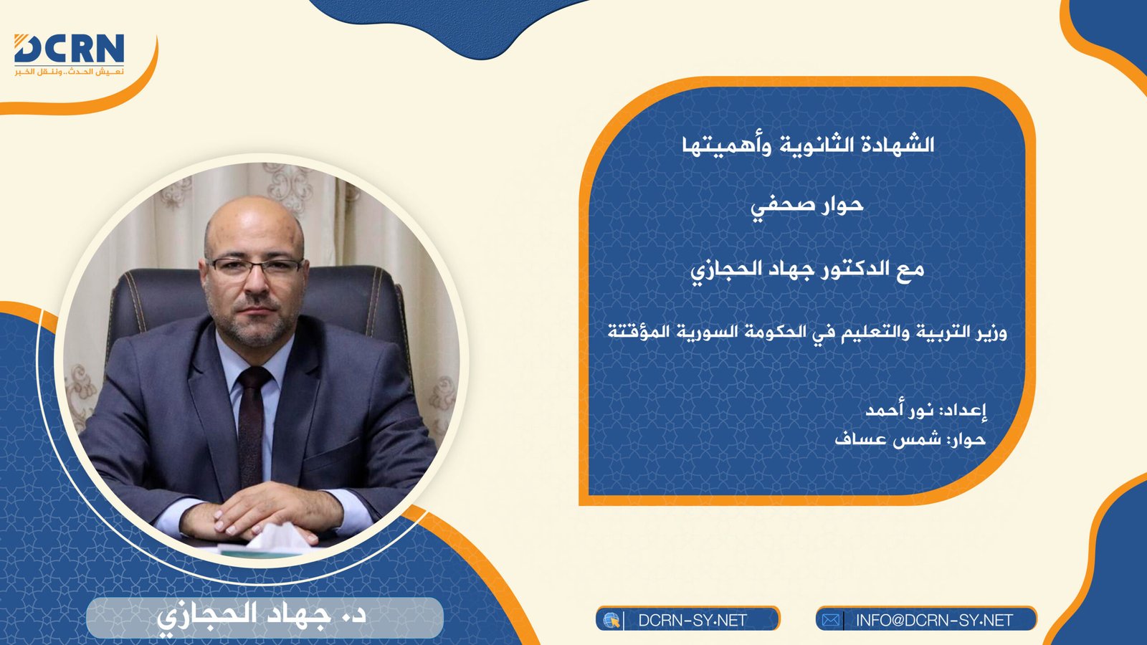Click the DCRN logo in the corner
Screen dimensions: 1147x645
(x=69, y=49)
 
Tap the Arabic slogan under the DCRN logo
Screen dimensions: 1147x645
(x=69, y=71)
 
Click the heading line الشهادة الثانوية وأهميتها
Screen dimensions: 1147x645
(x=808, y=144)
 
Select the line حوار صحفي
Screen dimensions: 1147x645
(x=807, y=206)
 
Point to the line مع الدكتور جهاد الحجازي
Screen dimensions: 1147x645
(x=807, y=269)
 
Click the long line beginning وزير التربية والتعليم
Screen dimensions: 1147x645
(x=807, y=332)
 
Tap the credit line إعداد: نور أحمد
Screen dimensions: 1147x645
(x=925, y=410)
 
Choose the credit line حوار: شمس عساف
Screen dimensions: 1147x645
(x=910, y=439)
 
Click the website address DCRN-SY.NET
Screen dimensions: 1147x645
(x=693, y=621)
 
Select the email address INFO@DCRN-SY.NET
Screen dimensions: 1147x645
(x=935, y=621)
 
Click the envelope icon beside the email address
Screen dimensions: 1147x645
(x=830, y=621)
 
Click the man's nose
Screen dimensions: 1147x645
(x=256, y=285)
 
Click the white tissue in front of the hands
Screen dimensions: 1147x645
(x=279, y=537)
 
